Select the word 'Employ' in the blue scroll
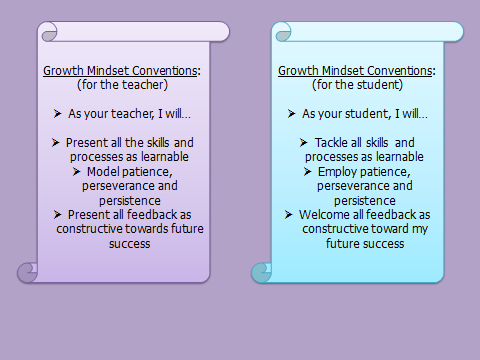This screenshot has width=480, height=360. [x=337, y=172]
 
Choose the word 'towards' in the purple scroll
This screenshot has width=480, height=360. [x=147, y=229]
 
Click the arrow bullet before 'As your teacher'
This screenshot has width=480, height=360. [x=57, y=114]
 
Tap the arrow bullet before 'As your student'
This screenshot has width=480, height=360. [x=291, y=114]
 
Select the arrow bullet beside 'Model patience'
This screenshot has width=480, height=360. [x=76, y=172]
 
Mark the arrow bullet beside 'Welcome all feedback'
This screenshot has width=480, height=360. [x=289, y=215]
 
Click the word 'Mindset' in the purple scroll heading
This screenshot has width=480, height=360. [x=108, y=71]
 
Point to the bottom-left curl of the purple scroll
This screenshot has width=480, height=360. [x=27, y=273]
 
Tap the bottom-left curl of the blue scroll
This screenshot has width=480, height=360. [x=261, y=273]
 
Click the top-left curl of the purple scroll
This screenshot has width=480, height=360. [x=49, y=32]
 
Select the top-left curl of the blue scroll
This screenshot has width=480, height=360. [x=283, y=32]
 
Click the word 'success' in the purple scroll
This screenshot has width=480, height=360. [x=129, y=244]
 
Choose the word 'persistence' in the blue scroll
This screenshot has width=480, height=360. [x=365, y=201]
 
